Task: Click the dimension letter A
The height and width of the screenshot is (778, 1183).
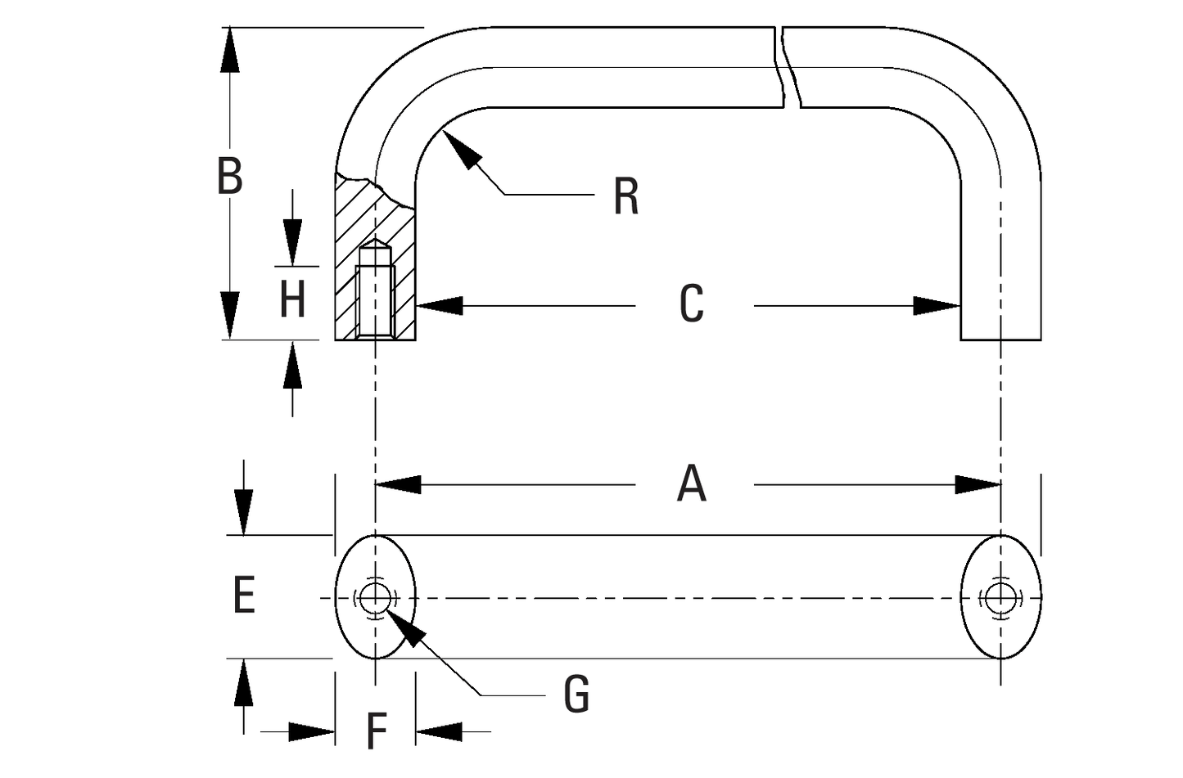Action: [x=692, y=483]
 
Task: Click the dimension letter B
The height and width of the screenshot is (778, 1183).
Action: [x=230, y=175]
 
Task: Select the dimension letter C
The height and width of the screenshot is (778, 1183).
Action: [x=692, y=304]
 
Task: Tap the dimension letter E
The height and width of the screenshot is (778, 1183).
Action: [x=244, y=595]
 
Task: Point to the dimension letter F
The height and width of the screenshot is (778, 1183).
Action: [x=376, y=731]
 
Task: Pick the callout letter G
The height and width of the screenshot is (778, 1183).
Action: [x=576, y=695]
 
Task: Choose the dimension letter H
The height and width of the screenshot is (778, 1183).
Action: [x=292, y=299]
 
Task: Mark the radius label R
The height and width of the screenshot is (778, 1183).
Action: [x=625, y=197]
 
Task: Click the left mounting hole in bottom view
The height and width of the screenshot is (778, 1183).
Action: [x=375, y=597]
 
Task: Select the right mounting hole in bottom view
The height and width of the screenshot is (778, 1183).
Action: [x=1000, y=597]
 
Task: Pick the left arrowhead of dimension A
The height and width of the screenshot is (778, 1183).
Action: [x=397, y=484]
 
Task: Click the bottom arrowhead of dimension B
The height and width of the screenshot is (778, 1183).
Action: [x=230, y=316]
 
